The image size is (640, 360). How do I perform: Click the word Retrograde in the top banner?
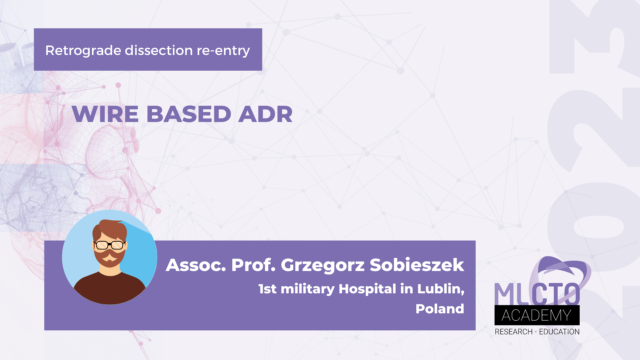[83, 51]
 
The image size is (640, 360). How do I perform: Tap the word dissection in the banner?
[159, 51]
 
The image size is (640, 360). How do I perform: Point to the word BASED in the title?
[189, 114]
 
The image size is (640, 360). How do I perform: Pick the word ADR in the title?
[265, 114]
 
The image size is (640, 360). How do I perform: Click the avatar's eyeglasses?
[110, 245]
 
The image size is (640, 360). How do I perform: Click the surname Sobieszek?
[417, 265]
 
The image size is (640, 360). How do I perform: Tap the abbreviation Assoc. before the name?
[196, 265]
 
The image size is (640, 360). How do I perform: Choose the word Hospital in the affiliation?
[367, 289]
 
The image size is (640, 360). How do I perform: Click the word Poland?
[440, 309]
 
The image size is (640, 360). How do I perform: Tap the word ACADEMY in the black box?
[537, 315]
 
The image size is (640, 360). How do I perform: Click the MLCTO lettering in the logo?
[537, 294]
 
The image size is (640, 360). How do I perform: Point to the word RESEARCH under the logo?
[513, 332]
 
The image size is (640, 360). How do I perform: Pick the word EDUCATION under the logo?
[559, 332]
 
